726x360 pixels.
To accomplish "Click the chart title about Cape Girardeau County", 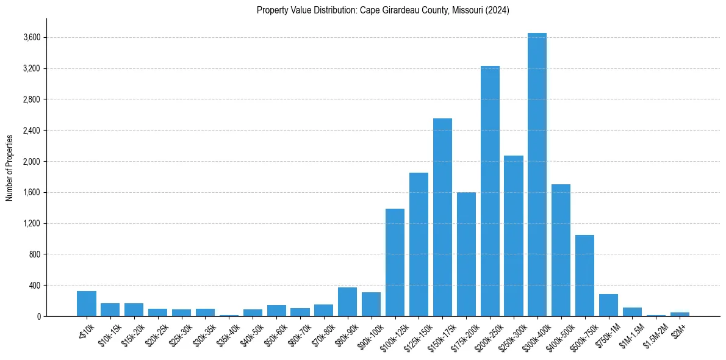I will [383, 10].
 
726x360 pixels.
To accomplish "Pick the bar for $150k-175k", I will [442, 217].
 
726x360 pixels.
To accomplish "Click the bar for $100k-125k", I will [395, 262].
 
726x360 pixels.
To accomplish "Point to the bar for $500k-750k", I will [584, 275].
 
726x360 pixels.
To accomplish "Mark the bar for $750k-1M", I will [608, 305].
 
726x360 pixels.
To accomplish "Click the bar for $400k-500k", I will [561, 250].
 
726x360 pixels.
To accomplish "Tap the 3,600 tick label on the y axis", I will [32, 38].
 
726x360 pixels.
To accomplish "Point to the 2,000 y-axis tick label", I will [32, 162].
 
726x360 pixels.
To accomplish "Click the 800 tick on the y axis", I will [34, 254].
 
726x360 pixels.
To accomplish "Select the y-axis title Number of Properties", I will [10, 167].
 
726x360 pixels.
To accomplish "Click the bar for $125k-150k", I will [419, 244].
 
